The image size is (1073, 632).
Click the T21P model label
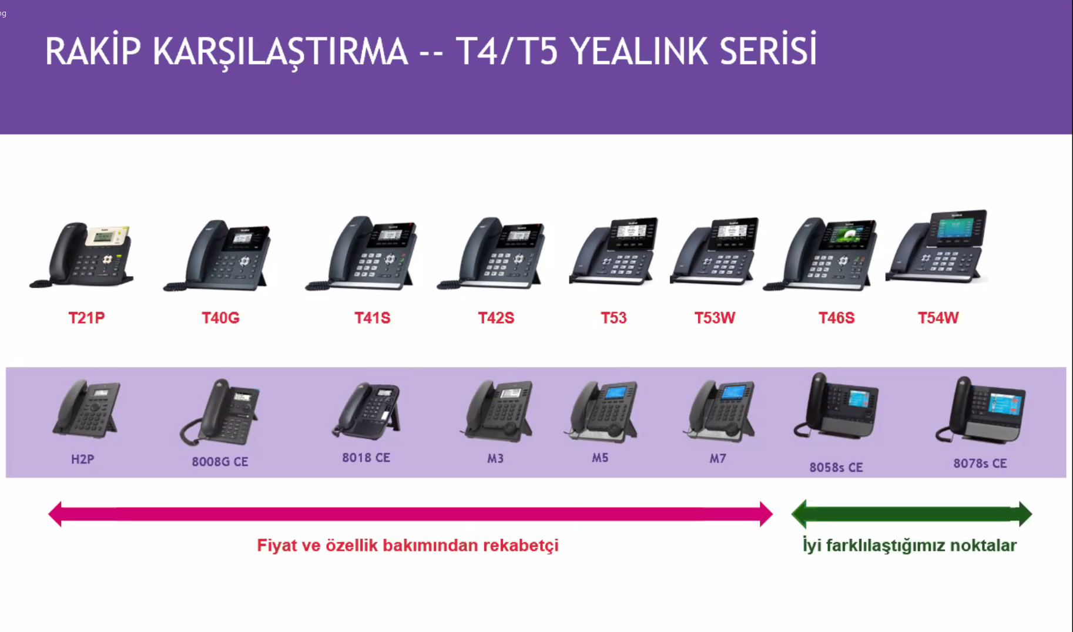tap(86, 318)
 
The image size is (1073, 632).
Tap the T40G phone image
tap(217, 255)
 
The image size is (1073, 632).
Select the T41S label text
tap(372, 318)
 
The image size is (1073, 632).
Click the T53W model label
tap(715, 318)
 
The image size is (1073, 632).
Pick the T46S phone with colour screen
tap(820, 254)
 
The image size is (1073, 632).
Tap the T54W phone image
tap(937, 247)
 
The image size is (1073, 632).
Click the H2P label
tap(82, 459)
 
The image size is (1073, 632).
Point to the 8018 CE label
tap(366, 458)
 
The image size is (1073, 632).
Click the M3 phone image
tap(497, 411)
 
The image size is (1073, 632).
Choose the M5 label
tap(600, 458)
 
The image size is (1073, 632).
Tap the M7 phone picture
tap(719, 411)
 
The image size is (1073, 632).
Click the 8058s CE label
tap(836, 468)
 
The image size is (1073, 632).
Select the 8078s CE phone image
tap(981, 410)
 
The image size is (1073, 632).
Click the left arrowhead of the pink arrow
tap(55, 514)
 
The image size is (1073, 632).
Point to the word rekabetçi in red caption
tap(521, 546)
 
